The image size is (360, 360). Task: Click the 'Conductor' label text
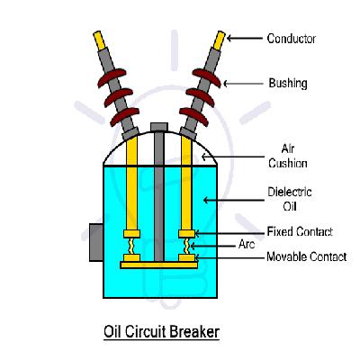[x=291, y=39]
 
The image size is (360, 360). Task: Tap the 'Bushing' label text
[x=288, y=83]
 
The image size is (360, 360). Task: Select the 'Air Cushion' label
[x=288, y=156]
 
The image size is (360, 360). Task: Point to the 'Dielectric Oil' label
[x=290, y=199]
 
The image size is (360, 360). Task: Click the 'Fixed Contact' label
[x=300, y=231]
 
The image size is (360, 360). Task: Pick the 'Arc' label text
[x=247, y=244]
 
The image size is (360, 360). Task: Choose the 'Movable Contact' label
[x=307, y=256]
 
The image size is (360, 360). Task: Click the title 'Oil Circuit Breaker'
[x=161, y=332]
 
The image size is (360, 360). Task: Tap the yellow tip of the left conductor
[x=99, y=40]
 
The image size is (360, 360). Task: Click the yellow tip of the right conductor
[x=220, y=40]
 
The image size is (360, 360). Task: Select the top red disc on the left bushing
[x=112, y=77]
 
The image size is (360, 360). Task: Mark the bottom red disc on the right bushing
[x=193, y=117]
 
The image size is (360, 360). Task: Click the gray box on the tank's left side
[x=96, y=242]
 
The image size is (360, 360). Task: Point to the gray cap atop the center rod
[x=159, y=127]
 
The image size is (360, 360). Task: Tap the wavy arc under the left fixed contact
[x=131, y=246]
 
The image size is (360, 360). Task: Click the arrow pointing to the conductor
[x=244, y=39]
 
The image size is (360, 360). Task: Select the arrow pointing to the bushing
[x=243, y=84]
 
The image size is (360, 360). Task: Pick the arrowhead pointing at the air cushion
[x=204, y=157]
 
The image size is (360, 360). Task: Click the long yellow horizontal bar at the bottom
[x=159, y=265]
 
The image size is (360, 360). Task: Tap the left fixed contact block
[x=131, y=234]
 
